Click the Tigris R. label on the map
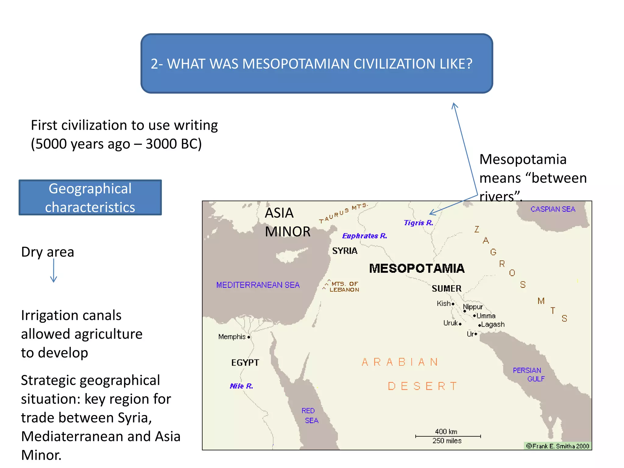tap(418, 223)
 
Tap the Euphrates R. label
tap(364, 236)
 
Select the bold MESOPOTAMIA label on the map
tap(417, 268)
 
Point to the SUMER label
tap(446, 289)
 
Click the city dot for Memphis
tap(249, 337)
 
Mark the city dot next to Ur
tap(476, 334)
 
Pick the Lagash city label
tap(493, 324)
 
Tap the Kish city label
tap(443, 303)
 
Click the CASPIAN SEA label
tap(553, 209)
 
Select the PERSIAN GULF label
tap(528, 374)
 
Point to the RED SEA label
tap(310, 416)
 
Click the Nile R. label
tap(241, 386)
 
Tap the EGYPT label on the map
tap(245, 363)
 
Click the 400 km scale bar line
tap(448, 436)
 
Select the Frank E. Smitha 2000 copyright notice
tap(558, 446)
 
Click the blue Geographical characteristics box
tap(90, 197)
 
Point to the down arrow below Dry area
tap(54, 271)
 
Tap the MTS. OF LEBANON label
tap(344, 287)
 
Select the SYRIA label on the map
tap(345, 251)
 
